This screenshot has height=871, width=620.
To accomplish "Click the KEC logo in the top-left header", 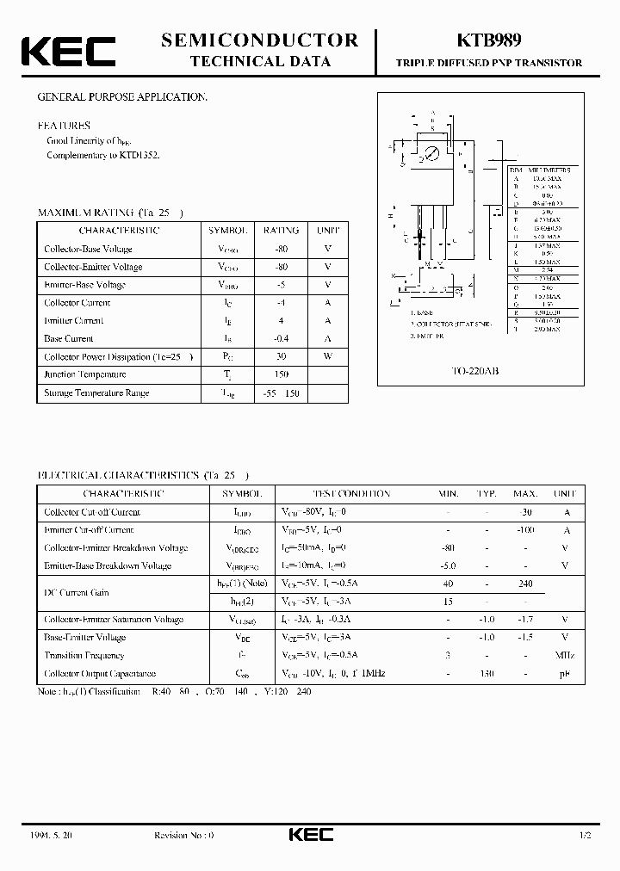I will pos(68,52).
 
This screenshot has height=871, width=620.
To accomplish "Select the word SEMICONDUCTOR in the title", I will pos(259,40).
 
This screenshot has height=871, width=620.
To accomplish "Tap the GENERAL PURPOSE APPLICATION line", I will pos(121,97).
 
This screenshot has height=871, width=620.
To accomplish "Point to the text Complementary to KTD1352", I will pos(102,155).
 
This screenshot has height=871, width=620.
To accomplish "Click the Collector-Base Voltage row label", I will pos(88,249).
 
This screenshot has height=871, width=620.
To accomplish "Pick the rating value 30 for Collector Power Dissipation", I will pos(281,356).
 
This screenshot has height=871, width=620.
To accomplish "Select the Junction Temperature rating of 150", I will pos(281,374).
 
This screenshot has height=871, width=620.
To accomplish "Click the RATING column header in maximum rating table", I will pos(281,231).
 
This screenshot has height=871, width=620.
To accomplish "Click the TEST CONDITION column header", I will pos(350,494).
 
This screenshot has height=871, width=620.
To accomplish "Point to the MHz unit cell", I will pos(565,655).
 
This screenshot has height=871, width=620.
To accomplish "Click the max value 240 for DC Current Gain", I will pos(524,584).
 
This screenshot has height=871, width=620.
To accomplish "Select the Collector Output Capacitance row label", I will pos(100,673).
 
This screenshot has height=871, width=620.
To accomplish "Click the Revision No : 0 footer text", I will pos(183,836).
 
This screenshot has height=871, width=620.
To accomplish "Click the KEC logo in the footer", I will pos(309,836).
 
